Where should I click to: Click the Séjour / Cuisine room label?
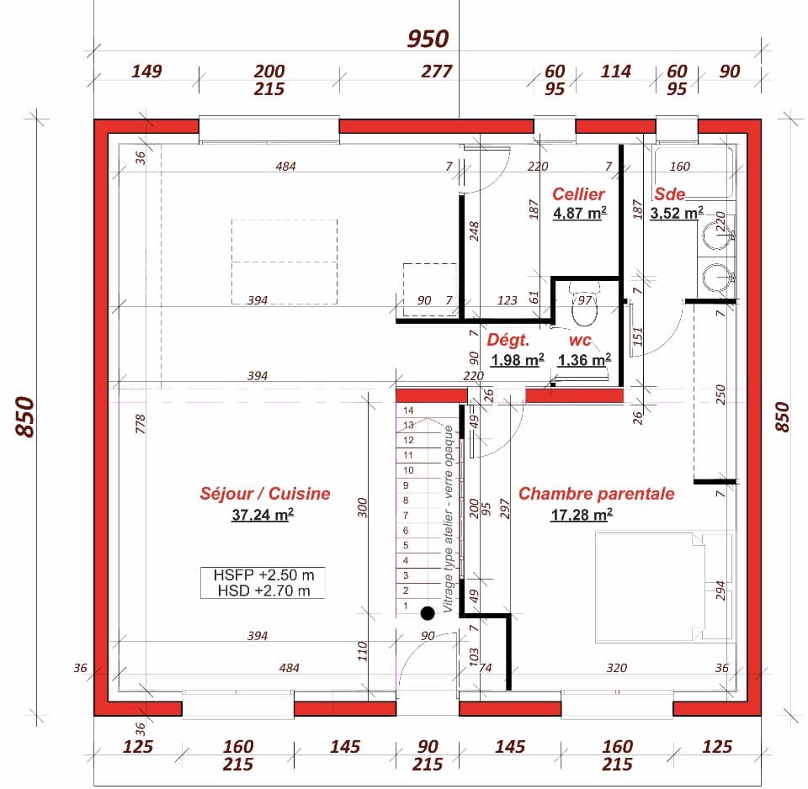pyautogui.click(x=264, y=494)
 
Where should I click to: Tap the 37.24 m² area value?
pyautogui.click(x=262, y=515)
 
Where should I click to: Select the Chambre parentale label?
pyautogui.click(x=596, y=494)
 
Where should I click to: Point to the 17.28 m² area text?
pyautogui.click(x=581, y=515)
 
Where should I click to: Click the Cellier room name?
pyautogui.click(x=578, y=194)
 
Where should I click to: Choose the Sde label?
pyautogui.click(x=671, y=194)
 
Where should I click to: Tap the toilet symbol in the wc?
pyautogui.click(x=583, y=308)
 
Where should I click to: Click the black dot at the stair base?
pyautogui.click(x=428, y=613)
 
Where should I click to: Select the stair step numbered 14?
pyautogui.click(x=409, y=410)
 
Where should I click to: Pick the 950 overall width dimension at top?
pyautogui.click(x=428, y=39)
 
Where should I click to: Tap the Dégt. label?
pyautogui.click(x=508, y=341)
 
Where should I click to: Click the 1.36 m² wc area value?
pyautogui.click(x=584, y=361)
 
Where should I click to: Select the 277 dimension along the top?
pyautogui.click(x=437, y=71)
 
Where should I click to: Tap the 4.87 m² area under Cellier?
pyautogui.click(x=580, y=214)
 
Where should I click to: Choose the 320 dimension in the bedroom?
pyautogui.click(x=616, y=669)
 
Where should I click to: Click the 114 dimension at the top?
pyautogui.click(x=615, y=71)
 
